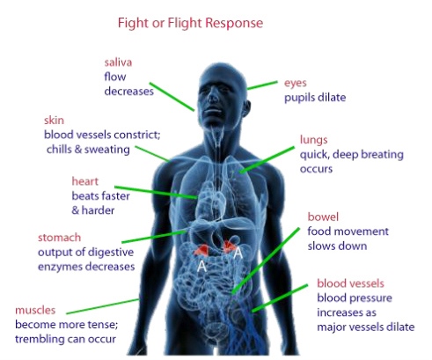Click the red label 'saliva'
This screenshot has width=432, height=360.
(x=118, y=62)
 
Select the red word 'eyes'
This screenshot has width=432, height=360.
(x=295, y=84)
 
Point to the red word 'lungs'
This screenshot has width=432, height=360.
(x=313, y=138)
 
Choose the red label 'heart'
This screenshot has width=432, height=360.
(x=86, y=182)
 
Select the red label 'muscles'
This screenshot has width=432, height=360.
(x=36, y=310)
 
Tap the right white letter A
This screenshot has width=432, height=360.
(x=238, y=253)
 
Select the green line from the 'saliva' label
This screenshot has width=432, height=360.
(x=173, y=99)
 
